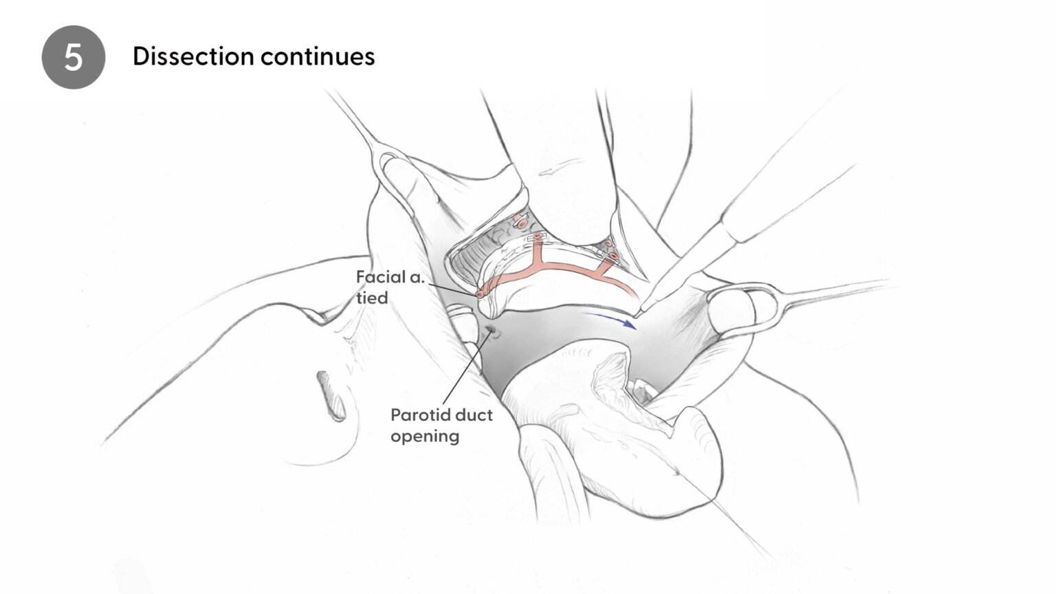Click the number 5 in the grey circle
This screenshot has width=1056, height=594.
coord(73,58)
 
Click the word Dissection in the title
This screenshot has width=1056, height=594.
coord(193,56)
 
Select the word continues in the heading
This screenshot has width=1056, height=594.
coord(317,57)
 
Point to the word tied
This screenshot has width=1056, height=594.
coord(372,298)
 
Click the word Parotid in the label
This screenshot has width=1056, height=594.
coord(421,415)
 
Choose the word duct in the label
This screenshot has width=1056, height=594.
coord(474,415)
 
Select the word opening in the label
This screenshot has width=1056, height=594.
coord(425,437)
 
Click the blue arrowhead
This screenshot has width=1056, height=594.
coord(630,323)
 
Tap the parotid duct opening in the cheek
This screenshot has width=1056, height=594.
coord(492,331)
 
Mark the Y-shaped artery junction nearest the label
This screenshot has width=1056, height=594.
coord(536,262)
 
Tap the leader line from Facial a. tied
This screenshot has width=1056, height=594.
coord(452,289)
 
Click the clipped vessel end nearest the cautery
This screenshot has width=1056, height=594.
coord(613,256)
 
